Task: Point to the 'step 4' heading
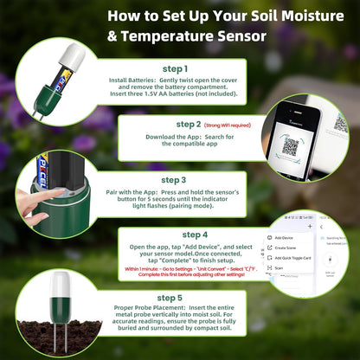point(195,234)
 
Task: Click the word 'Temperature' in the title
point(160,36)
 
